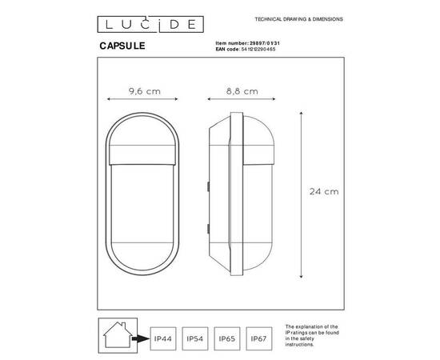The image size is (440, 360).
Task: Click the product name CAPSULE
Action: coord(122,46)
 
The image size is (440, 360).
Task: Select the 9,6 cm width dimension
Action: coord(145,92)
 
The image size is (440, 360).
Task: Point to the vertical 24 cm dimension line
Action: coord(302,191)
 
